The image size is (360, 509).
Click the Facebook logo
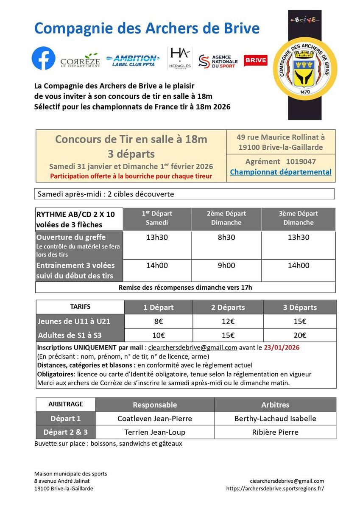click(x=44, y=59)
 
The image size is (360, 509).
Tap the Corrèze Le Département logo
click(x=80, y=61)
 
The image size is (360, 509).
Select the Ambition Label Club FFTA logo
click(x=133, y=60)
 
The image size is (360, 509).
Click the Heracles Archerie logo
click(x=180, y=58)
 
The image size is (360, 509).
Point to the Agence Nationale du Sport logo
click(x=218, y=61)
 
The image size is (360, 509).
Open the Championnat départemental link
click(x=281, y=172)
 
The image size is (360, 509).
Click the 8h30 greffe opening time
click(x=226, y=238)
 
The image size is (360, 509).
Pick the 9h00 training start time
click(x=226, y=266)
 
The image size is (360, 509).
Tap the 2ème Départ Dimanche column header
click(x=226, y=218)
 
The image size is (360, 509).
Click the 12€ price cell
click(x=228, y=322)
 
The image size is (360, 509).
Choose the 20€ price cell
click(x=300, y=335)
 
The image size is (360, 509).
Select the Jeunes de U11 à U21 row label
click(x=74, y=322)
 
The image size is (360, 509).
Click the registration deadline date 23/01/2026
click(x=282, y=347)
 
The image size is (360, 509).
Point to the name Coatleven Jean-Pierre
click(x=155, y=419)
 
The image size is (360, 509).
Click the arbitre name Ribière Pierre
click(x=275, y=432)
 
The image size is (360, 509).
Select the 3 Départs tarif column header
click(x=300, y=308)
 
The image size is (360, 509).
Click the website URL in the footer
click(x=275, y=488)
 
